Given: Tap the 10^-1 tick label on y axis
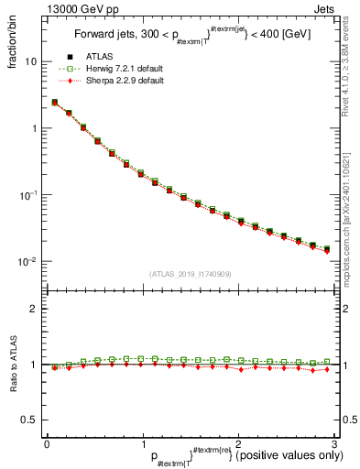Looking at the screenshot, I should click(27, 195).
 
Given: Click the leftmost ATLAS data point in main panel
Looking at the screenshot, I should click(54, 103).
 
